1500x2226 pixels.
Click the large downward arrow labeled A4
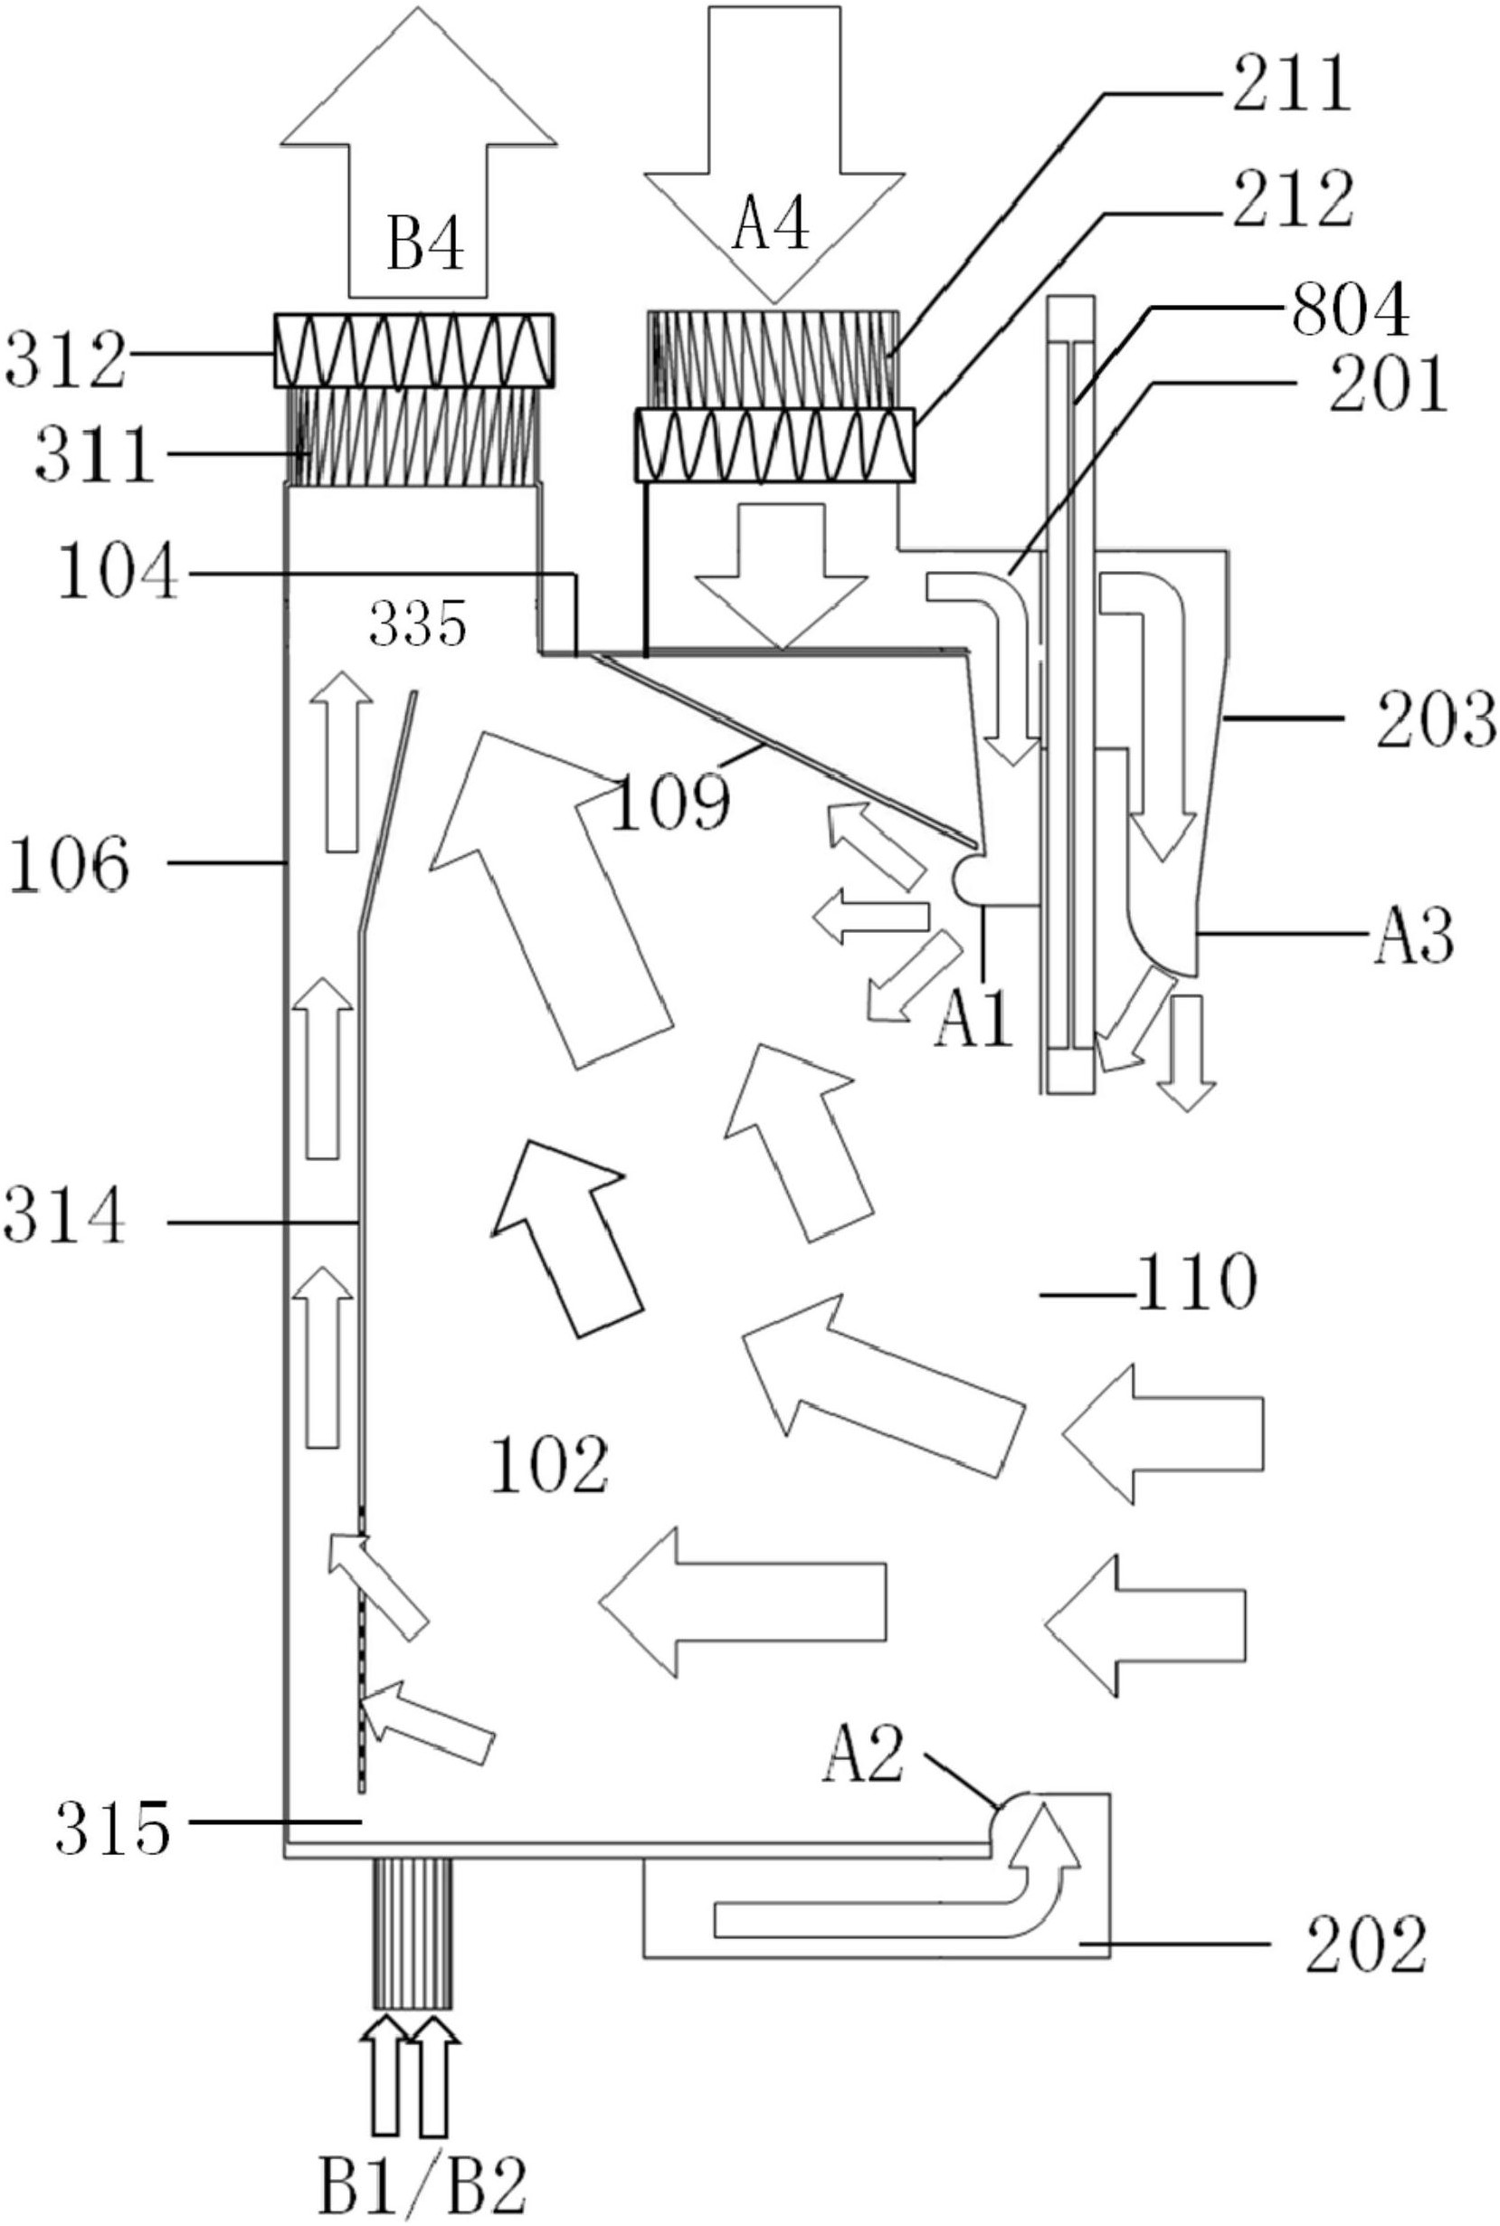774,163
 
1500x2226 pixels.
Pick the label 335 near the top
418,624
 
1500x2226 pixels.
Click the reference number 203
1435,721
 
